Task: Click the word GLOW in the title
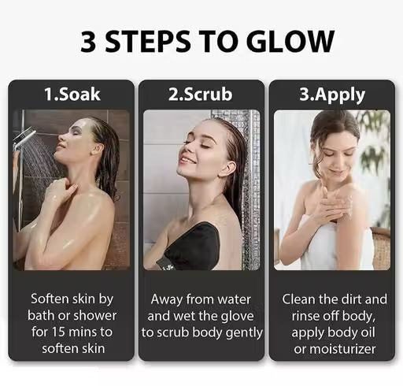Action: (290, 41)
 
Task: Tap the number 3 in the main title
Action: (88, 41)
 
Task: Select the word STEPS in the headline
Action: (148, 41)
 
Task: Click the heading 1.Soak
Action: (72, 95)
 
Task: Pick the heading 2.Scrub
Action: (201, 95)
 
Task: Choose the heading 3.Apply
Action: (332, 95)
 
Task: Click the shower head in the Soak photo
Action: (25, 137)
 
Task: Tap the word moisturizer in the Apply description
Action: (342, 349)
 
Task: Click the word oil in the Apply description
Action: (368, 332)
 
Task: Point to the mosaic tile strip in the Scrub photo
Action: (248, 189)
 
